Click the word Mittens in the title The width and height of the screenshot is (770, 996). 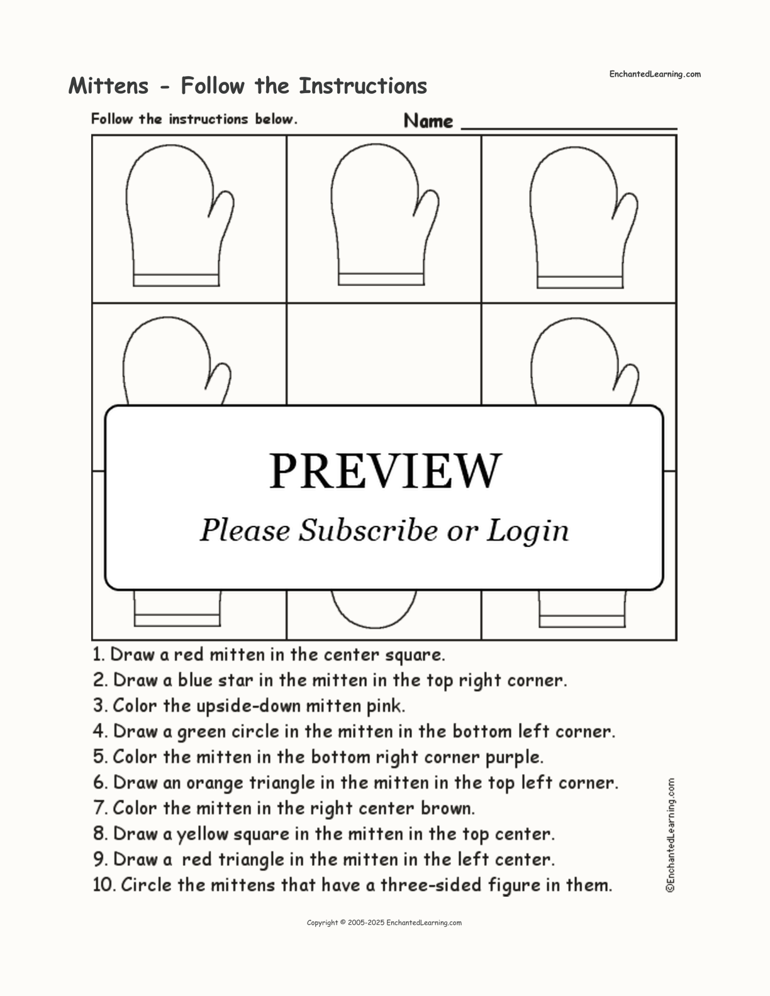click(109, 86)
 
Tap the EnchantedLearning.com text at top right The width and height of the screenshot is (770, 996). click(654, 74)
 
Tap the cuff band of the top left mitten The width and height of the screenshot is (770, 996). click(176, 280)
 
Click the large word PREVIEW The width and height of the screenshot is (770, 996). click(385, 471)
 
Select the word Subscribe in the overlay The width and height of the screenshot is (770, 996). click(368, 531)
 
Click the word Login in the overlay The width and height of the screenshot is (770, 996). click(527, 532)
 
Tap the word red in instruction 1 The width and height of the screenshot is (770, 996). click(188, 655)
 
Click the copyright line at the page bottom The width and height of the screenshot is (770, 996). click(384, 922)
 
